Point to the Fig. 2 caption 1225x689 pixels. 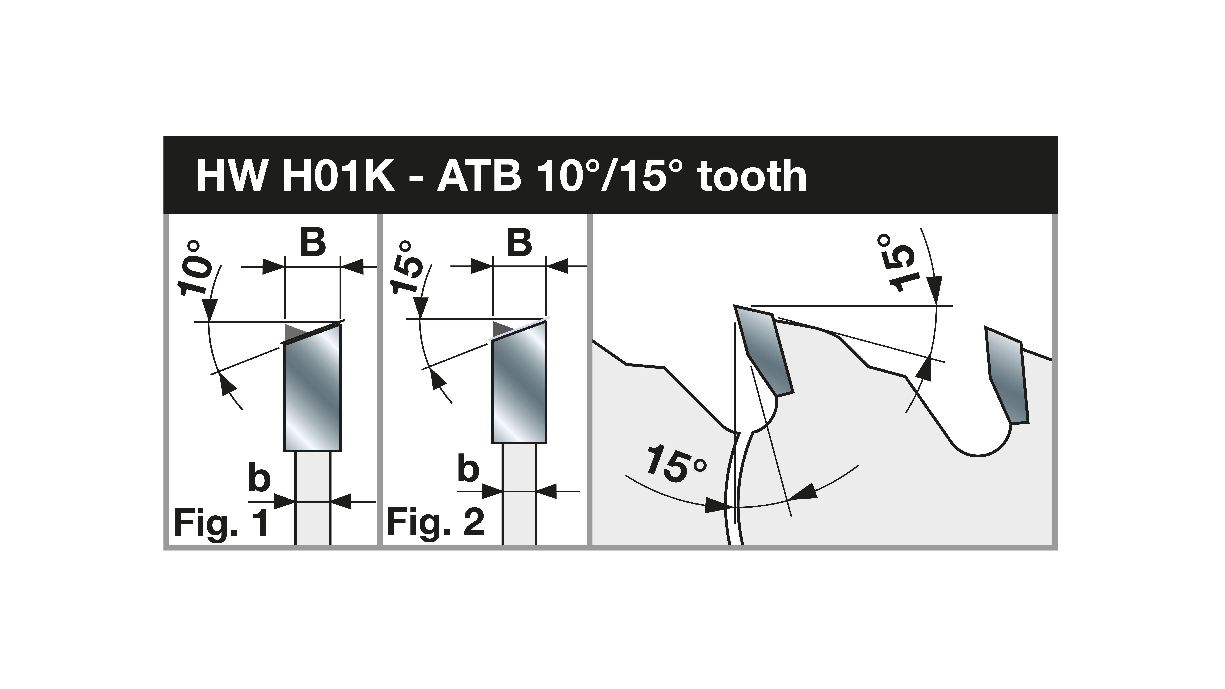pos(436,523)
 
